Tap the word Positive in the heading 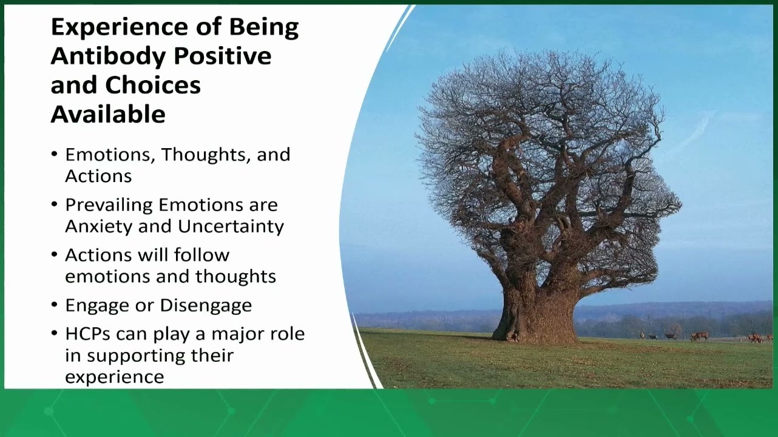coord(223,56)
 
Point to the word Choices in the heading coord(153,85)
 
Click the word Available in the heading coord(108,114)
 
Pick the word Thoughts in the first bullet coord(206,155)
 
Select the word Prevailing coord(109,205)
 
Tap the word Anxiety coord(100,227)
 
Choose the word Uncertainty coord(231,227)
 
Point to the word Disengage coord(206,306)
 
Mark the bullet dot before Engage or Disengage coord(54,305)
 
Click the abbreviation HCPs coord(87,334)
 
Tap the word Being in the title coord(264,28)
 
